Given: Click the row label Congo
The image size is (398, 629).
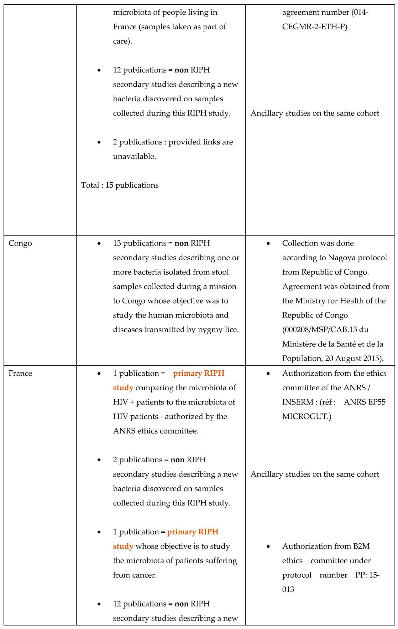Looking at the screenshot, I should click(20, 243).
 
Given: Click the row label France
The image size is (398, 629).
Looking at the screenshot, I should click(20, 373).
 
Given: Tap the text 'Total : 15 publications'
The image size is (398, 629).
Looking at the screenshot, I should click(120, 185).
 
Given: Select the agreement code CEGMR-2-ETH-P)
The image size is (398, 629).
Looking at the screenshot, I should click(315, 27).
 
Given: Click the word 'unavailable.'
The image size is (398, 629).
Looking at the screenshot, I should click(134, 156).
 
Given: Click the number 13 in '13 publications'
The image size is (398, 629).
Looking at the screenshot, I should click(117, 243).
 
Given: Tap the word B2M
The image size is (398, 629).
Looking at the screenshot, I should click(361, 546).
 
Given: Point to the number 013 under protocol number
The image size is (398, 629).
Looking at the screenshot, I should click(288, 589).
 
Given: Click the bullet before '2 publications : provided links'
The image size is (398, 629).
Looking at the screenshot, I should click(99, 142).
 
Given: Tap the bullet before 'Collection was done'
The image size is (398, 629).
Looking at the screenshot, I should click(268, 244).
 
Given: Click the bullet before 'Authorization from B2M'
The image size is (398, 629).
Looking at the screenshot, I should click(268, 546).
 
